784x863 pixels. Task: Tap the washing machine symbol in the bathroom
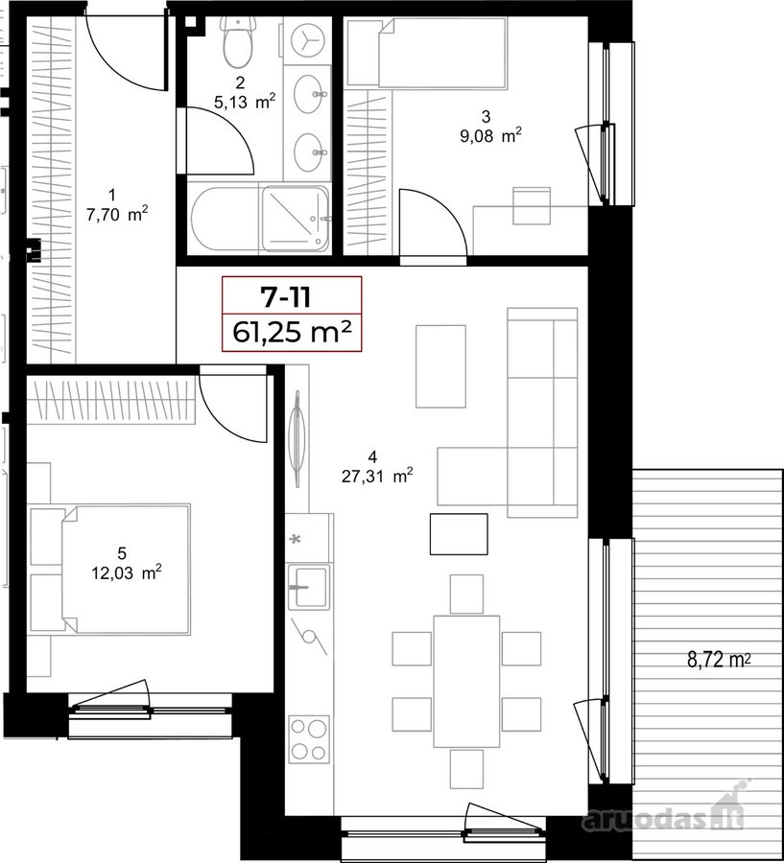point(306,40)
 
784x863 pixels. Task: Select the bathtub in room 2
point(226,219)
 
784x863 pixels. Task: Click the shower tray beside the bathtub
point(296,219)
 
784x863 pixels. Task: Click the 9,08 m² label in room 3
point(491,136)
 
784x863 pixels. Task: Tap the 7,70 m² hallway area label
point(117,214)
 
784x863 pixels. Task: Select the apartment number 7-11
point(286,297)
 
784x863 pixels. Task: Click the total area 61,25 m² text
point(292,332)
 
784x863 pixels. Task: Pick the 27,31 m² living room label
point(377,476)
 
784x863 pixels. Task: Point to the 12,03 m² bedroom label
point(126,573)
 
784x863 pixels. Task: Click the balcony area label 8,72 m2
point(719,660)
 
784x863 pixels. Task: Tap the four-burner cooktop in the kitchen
point(309,738)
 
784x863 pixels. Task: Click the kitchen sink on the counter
point(309,587)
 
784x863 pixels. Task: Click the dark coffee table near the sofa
point(459,534)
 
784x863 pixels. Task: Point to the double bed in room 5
point(126,569)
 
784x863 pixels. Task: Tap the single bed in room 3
point(442,53)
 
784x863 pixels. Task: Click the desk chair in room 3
point(532,206)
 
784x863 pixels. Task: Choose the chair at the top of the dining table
point(466,594)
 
